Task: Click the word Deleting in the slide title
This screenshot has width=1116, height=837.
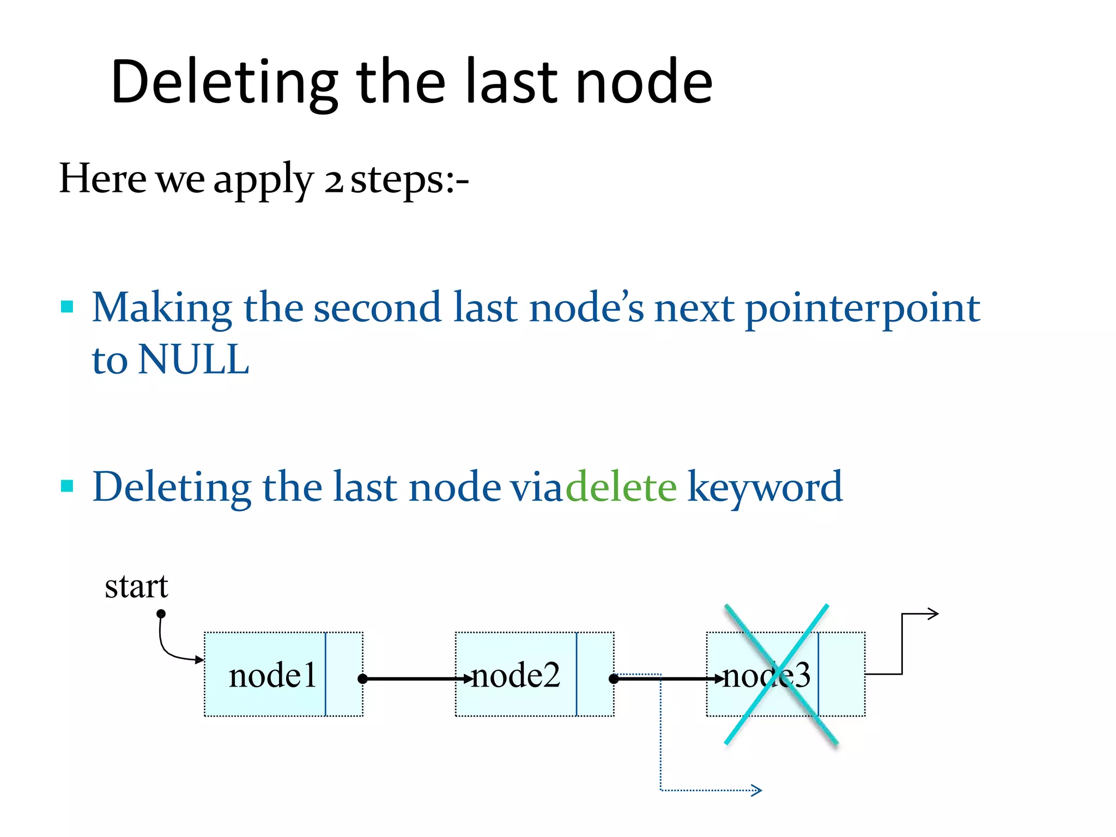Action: click(x=223, y=82)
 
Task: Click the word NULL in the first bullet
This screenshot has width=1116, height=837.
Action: click(x=193, y=360)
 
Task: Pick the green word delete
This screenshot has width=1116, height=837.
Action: click(x=621, y=486)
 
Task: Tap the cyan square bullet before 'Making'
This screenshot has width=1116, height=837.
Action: click(x=67, y=306)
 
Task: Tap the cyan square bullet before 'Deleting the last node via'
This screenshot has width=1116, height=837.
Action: click(x=67, y=486)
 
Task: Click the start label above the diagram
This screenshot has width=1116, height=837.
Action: click(x=136, y=587)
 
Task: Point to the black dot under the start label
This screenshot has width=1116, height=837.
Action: click(x=161, y=614)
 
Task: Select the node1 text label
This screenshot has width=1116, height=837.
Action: click(x=272, y=675)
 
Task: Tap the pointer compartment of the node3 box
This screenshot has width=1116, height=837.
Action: click(x=841, y=674)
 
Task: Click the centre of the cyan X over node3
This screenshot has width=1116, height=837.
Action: click(x=780, y=674)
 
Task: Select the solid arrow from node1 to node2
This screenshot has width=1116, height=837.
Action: click(x=414, y=679)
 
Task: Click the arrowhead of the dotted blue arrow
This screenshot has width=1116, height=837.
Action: click(x=757, y=790)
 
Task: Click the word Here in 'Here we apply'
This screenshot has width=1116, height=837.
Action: click(x=102, y=179)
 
